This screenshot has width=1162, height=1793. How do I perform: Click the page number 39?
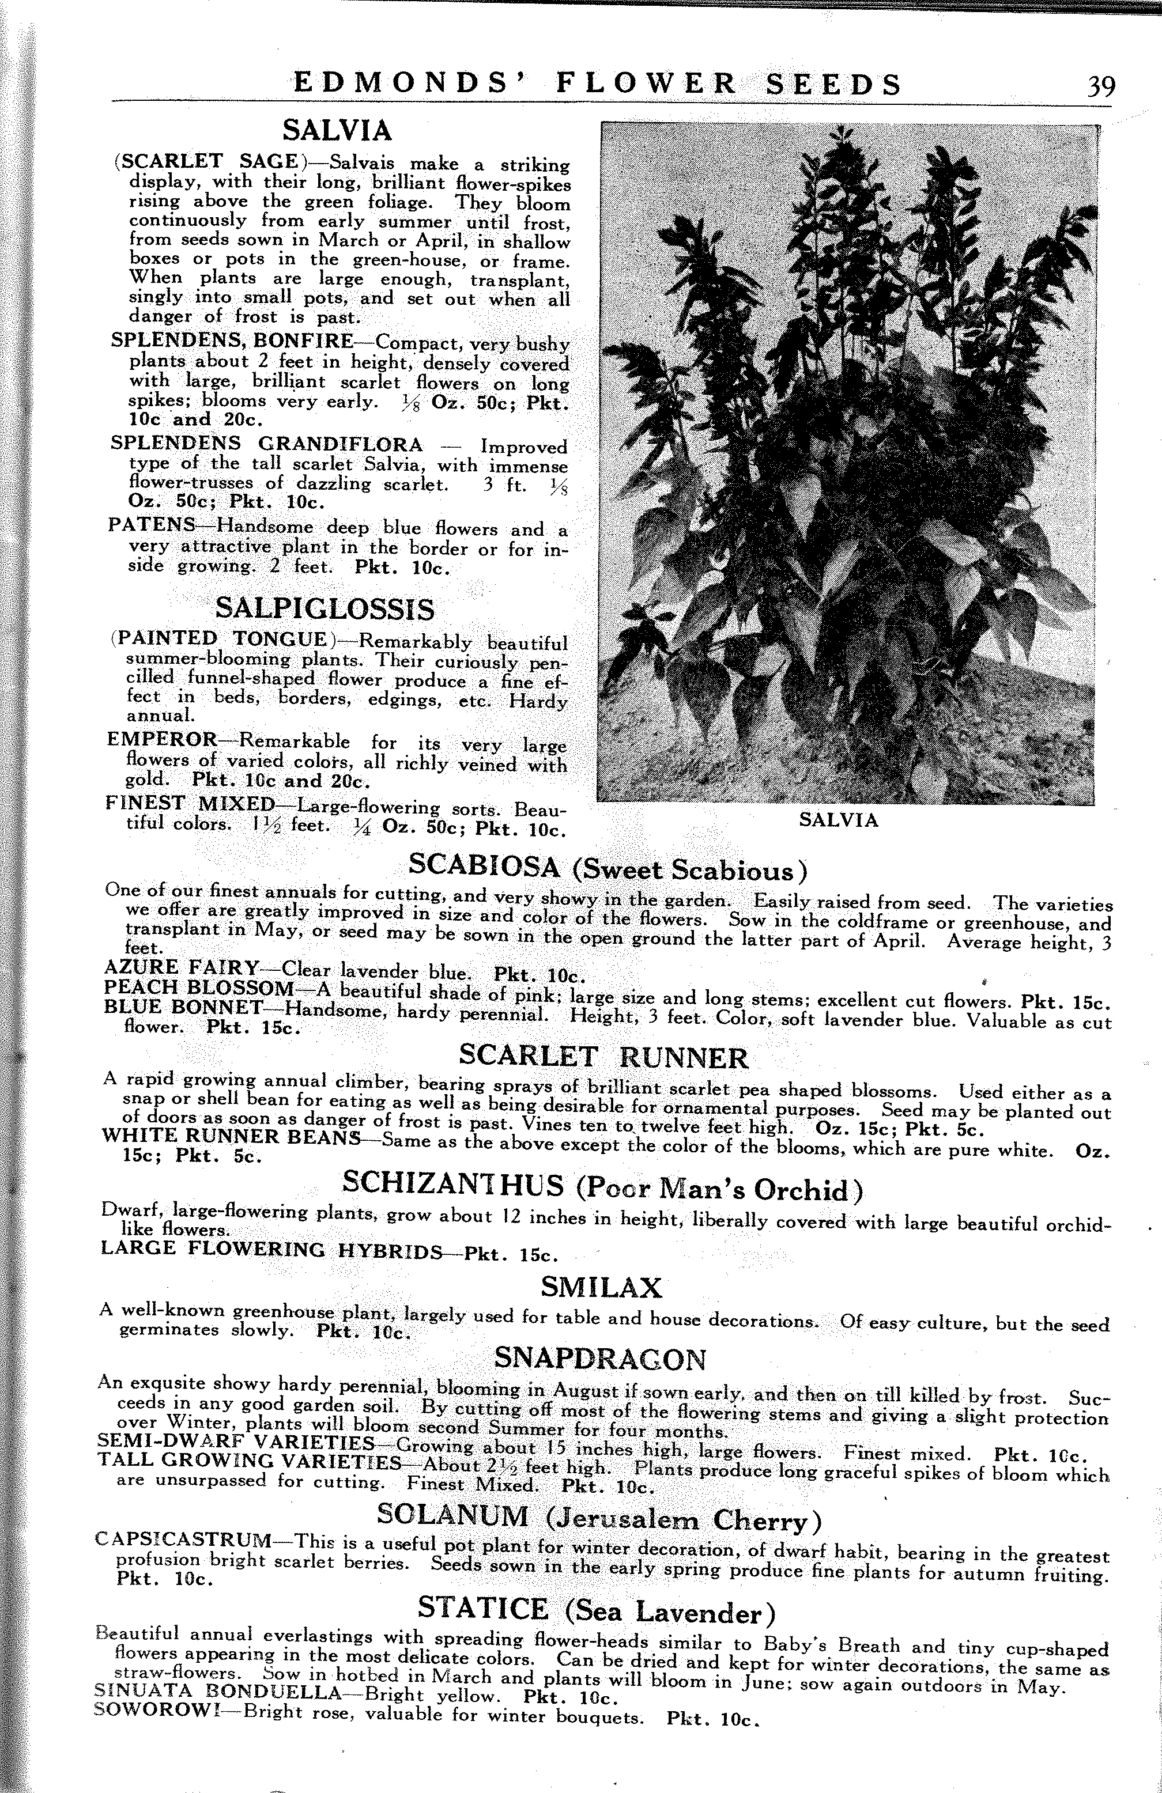pyautogui.click(x=1100, y=86)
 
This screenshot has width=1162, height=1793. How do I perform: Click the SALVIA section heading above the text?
pyautogui.click(x=337, y=131)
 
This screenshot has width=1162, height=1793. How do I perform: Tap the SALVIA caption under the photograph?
pyautogui.click(x=838, y=820)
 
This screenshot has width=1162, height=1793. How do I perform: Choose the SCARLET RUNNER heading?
pyautogui.click(x=603, y=1057)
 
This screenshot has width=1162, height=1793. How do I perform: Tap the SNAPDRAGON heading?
pyautogui.click(x=601, y=1359)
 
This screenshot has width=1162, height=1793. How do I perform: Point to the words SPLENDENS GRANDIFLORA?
pyautogui.click(x=266, y=443)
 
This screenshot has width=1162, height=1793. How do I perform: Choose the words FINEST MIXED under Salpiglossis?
pyautogui.click(x=191, y=804)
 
